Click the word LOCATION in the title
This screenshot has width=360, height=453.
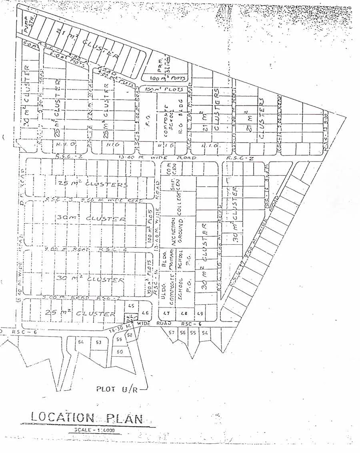point(62,418)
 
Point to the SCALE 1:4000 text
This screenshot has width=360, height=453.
point(94,430)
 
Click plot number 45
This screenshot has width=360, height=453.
point(131,306)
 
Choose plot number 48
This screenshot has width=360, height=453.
point(184,313)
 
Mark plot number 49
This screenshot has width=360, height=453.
point(201,313)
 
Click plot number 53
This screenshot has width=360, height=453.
point(98,342)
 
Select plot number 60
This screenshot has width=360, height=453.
point(119,351)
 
